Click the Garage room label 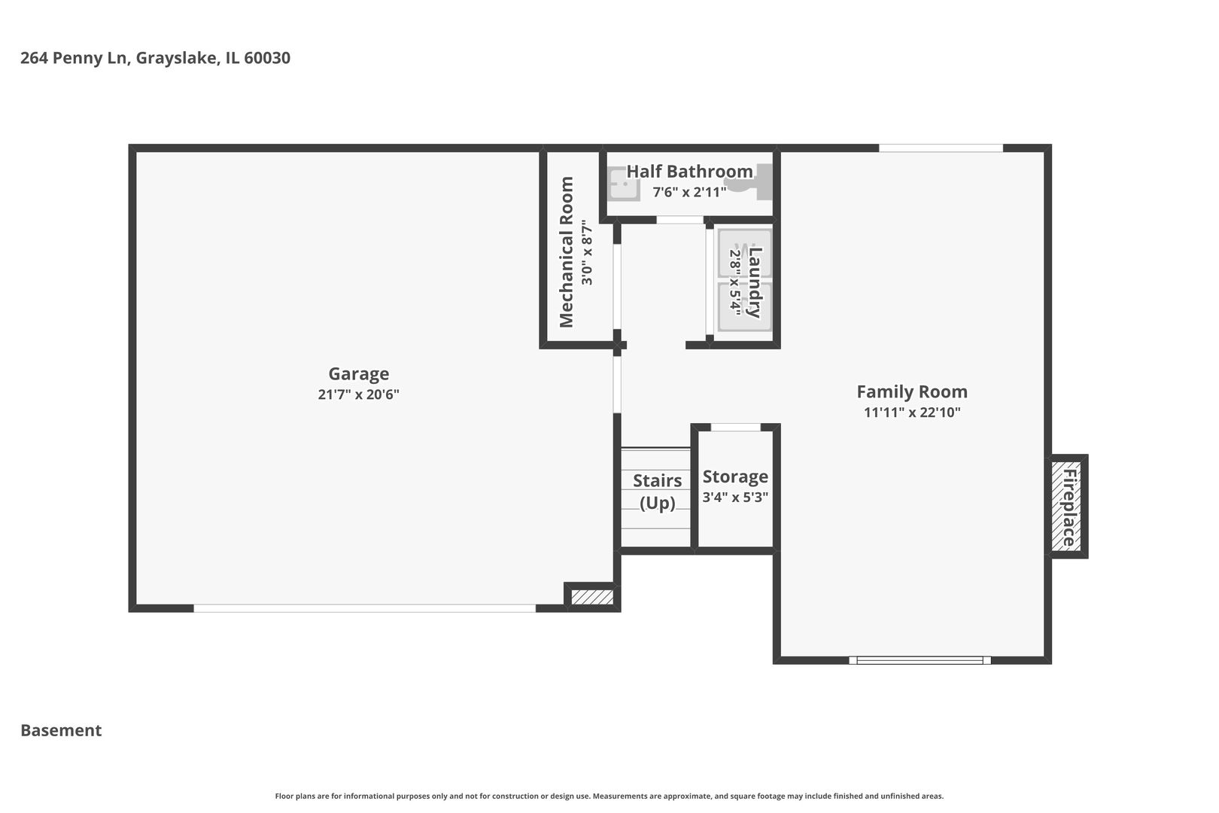(359, 374)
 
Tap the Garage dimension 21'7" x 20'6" (359, 394)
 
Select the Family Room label (912, 391)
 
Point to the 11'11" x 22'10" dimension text (912, 413)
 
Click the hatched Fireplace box (1066, 506)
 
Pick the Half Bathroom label (689, 171)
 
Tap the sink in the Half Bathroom (623, 184)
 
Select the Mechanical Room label (567, 251)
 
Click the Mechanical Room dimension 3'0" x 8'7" (587, 252)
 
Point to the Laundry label (754, 282)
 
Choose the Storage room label (735, 477)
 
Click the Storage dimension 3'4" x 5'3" (735, 497)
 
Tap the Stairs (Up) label (658, 491)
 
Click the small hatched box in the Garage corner (592, 597)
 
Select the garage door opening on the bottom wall (365, 608)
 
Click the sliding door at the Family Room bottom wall (920, 660)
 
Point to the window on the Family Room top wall (941, 148)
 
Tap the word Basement (61, 730)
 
